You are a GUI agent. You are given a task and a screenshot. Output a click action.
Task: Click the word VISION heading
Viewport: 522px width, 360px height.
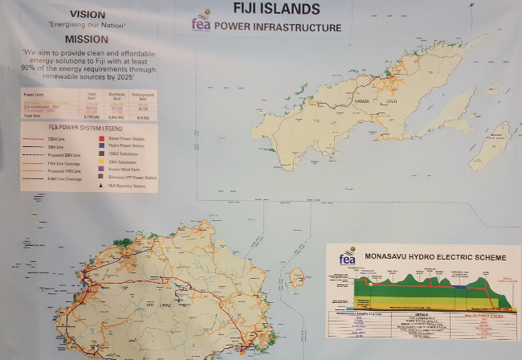point(88,14)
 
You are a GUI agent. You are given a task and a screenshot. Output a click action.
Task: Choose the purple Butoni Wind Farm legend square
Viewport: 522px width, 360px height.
point(101,168)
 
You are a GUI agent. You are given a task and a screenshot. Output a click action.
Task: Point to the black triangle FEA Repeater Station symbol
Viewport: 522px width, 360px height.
point(101,185)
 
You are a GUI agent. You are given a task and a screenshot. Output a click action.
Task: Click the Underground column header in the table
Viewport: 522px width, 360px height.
point(143,96)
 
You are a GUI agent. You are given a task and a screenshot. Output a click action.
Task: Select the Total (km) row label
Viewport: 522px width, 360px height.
point(35,117)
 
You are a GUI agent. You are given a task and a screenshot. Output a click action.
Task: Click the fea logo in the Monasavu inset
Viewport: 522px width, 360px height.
point(347,257)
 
